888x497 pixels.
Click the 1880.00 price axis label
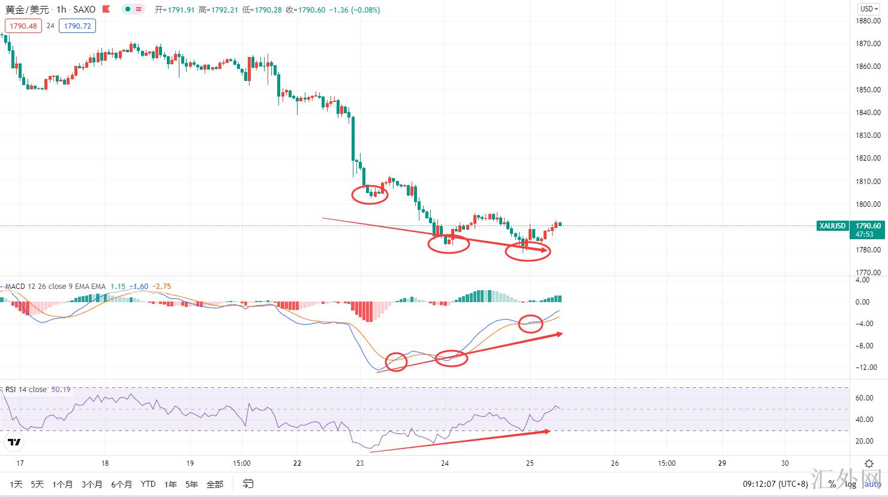[869, 21]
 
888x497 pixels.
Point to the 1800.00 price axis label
[869, 204]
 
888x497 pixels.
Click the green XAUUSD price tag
[833, 226]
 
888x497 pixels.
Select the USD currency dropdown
[869, 8]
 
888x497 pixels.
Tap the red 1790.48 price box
[23, 26]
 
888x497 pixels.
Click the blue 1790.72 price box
[77, 26]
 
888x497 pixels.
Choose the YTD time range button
[148, 484]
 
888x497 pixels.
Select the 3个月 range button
[92, 484]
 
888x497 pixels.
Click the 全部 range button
[214, 484]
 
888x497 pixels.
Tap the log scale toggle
[850, 484]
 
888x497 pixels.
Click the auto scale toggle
[872, 484]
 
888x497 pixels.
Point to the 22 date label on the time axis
[298, 463]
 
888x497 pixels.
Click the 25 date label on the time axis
[530, 463]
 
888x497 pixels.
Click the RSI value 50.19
[61, 390]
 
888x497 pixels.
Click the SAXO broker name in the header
[84, 10]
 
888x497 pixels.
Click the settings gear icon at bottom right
[869, 463]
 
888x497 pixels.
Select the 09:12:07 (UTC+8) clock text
[775, 484]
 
